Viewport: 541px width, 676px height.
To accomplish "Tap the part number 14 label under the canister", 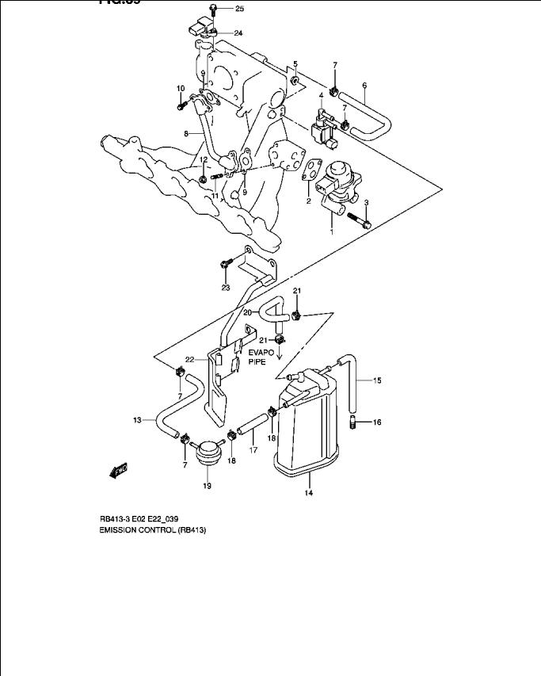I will (x=308, y=493).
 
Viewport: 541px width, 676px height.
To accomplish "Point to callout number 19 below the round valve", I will (x=207, y=486).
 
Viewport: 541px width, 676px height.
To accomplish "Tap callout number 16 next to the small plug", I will (x=377, y=422).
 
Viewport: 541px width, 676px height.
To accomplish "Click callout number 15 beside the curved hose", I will (x=377, y=380).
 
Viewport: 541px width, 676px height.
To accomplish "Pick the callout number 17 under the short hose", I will (x=254, y=450).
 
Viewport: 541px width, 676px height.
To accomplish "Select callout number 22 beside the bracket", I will (x=189, y=359).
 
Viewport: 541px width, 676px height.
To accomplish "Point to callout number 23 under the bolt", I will (x=225, y=287).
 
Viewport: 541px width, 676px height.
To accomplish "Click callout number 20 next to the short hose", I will (x=248, y=313).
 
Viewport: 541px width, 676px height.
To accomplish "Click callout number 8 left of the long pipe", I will (x=187, y=135).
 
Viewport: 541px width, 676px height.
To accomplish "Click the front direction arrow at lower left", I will (x=120, y=472).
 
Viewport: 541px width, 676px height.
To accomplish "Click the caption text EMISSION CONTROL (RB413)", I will (x=153, y=530).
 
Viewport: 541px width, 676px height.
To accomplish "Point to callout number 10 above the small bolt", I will (x=180, y=88).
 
